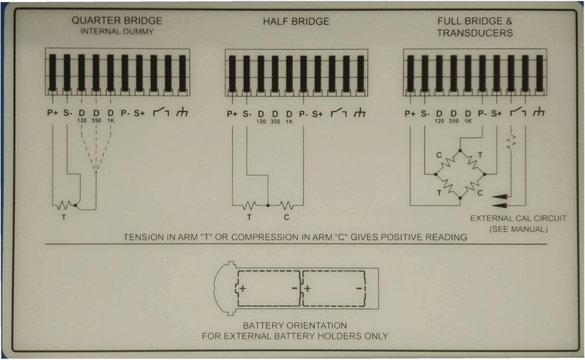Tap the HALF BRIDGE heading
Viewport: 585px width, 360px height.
296,21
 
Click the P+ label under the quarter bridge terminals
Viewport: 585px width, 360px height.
52,113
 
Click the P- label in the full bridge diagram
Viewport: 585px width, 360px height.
482,113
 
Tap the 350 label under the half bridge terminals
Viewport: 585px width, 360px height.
275,121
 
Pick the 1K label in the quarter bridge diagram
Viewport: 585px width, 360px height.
110,121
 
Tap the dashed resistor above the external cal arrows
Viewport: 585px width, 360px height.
511,143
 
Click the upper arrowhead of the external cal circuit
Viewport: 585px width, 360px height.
502,197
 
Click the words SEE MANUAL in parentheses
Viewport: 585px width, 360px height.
517,229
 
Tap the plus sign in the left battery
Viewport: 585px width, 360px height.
243,286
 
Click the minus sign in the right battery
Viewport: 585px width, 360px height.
359,286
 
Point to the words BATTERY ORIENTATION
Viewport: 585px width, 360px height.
295,325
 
